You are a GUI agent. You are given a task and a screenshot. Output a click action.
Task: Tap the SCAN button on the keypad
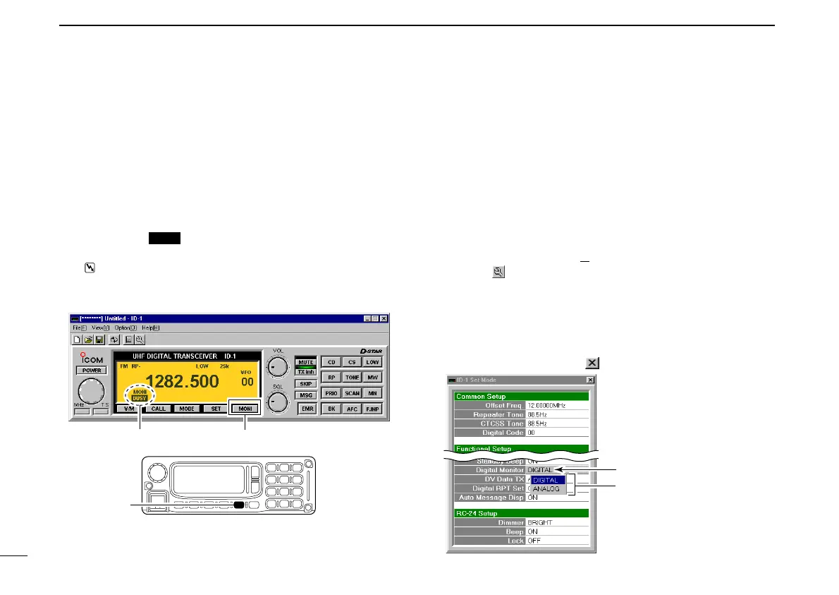(x=352, y=392)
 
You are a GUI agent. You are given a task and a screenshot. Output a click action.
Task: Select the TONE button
(x=352, y=377)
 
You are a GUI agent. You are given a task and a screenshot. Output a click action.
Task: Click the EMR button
(x=307, y=408)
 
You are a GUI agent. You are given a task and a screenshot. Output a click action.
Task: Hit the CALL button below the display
(x=159, y=408)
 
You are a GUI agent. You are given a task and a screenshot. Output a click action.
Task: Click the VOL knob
(x=278, y=365)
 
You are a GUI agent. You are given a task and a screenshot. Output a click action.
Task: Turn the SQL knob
(x=278, y=402)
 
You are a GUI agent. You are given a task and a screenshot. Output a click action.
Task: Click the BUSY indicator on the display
(x=139, y=398)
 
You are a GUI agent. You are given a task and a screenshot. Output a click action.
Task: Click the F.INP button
(x=373, y=408)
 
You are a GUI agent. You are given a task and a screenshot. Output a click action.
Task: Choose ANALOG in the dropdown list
(x=546, y=488)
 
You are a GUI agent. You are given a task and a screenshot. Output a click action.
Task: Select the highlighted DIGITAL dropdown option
(x=546, y=480)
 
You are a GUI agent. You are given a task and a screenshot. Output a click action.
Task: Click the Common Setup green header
(x=520, y=396)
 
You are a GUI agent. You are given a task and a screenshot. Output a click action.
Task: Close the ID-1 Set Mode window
(x=590, y=380)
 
